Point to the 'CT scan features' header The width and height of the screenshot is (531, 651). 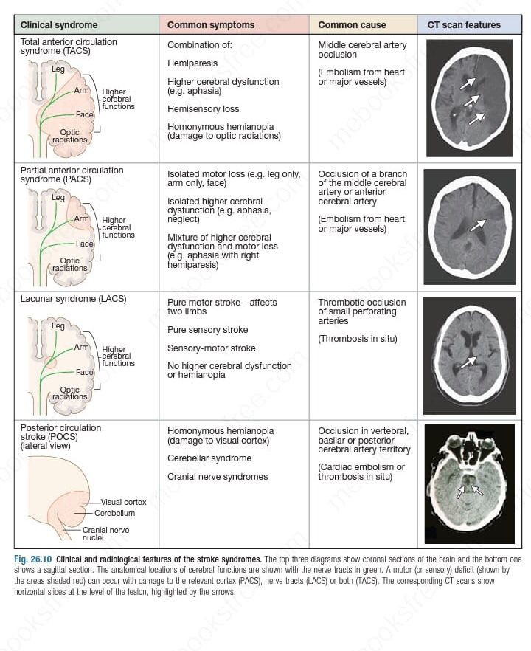[464, 25]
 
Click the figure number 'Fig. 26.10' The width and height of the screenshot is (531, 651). [33, 559]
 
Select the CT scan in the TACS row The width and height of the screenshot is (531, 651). [469, 97]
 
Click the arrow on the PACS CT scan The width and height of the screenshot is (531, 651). [478, 224]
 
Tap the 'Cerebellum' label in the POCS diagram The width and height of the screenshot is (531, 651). [114, 513]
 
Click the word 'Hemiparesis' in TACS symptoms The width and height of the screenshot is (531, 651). [192, 63]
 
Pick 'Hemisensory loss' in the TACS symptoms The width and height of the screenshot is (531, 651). [203, 109]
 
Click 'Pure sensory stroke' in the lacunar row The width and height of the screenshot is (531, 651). [207, 330]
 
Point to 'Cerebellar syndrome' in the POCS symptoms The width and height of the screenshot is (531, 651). [209, 458]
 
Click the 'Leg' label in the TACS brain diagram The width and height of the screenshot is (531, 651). [58, 69]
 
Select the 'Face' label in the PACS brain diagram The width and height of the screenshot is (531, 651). [85, 244]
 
